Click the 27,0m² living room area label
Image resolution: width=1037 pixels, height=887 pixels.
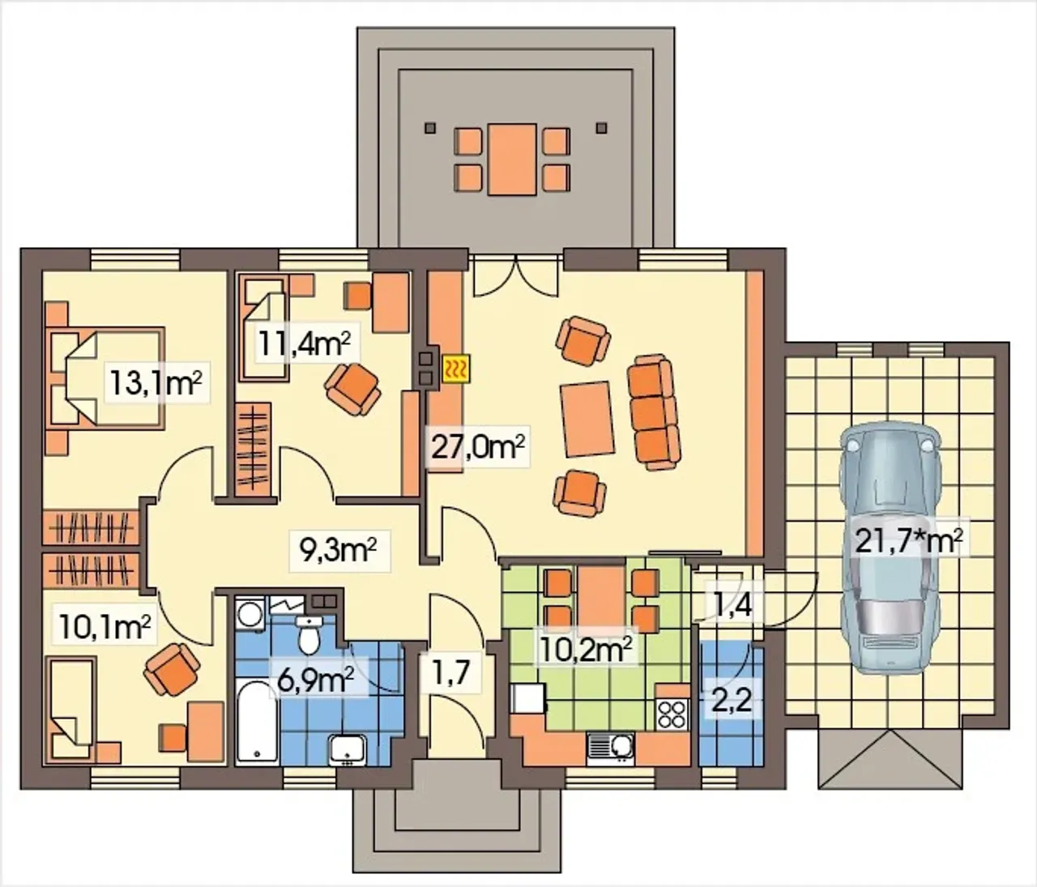pyautogui.click(x=478, y=447)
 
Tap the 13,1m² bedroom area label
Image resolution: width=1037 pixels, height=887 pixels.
pyautogui.click(x=156, y=384)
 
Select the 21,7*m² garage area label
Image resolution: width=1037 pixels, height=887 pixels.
pyautogui.click(x=909, y=543)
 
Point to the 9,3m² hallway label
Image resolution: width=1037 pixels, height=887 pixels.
pyautogui.click(x=339, y=552)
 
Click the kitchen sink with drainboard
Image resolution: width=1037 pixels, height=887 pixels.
pyautogui.click(x=609, y=749)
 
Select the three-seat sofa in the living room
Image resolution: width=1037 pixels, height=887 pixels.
pyautogui.click(x=653, y=412)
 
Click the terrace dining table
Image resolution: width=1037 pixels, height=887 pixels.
pyautogui.click(x=512, y=159)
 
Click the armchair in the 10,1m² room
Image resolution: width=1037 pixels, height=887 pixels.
pyautogui.click(x=172, y=669)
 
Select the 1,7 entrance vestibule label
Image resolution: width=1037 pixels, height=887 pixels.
pyautogui.click(x=450, y=673)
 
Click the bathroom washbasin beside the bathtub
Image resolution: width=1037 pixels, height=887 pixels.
pyautogui.click(x=348, y=750)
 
